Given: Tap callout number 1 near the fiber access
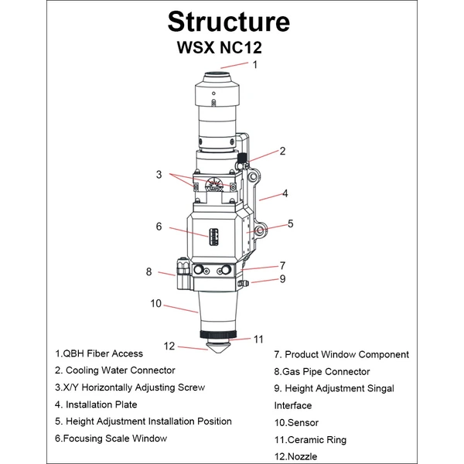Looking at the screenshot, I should [254, 66].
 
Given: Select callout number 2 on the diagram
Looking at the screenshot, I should [283, 152].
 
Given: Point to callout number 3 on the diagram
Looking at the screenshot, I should [159, 175].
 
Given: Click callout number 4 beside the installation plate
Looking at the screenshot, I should [285, 193].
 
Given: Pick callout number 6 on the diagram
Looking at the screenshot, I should [159, 227].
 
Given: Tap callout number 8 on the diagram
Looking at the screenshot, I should [148, 271].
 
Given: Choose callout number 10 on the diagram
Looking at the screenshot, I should [155, 304].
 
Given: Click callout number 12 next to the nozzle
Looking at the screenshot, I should [169, 346].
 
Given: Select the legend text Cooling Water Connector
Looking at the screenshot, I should [114, 370].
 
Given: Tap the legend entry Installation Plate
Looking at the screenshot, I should [96, 404].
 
